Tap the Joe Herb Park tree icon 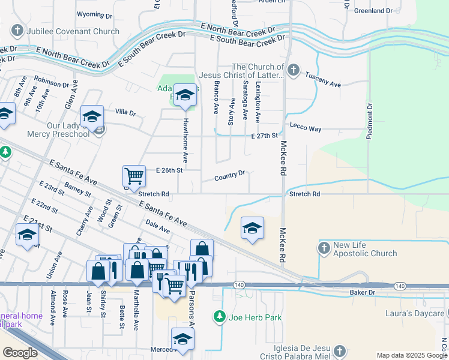click(220, 316)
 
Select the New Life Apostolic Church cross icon click(324, 248)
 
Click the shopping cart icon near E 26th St click(134, 176)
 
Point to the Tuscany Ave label click(324, 85)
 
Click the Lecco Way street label click(306, 128)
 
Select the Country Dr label click(230, 176)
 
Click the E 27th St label click(265, 136)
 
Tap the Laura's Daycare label click(414, 313)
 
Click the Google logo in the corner click(20, 353)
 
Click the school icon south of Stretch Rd click(253, 228)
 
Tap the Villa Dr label click(126, 113)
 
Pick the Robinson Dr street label click(52, 82)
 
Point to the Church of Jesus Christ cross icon click(293, 70)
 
